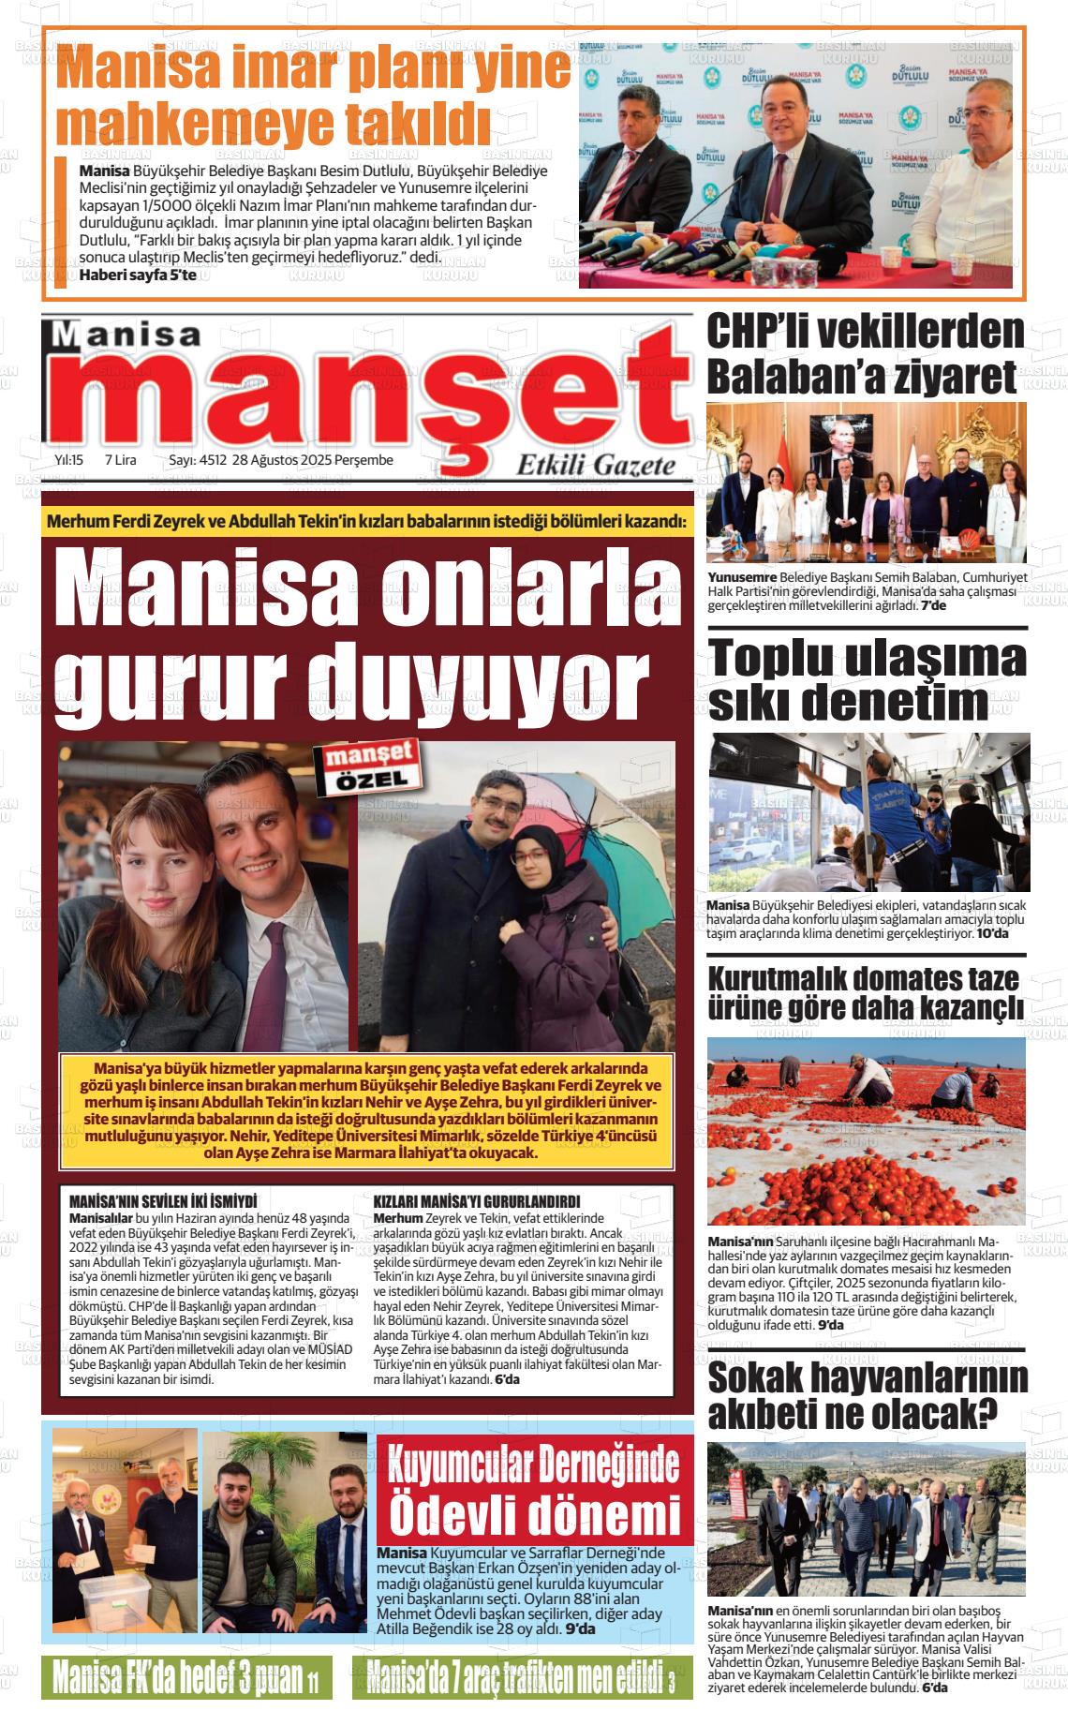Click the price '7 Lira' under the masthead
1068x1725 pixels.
click(121, 460)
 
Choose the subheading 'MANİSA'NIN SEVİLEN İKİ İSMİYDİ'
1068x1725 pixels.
click(163, 1201)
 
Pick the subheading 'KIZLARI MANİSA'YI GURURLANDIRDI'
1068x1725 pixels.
click(477, 1201)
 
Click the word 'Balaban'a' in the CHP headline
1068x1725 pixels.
click(802, 376)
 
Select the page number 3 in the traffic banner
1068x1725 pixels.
click(671, 1681)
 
